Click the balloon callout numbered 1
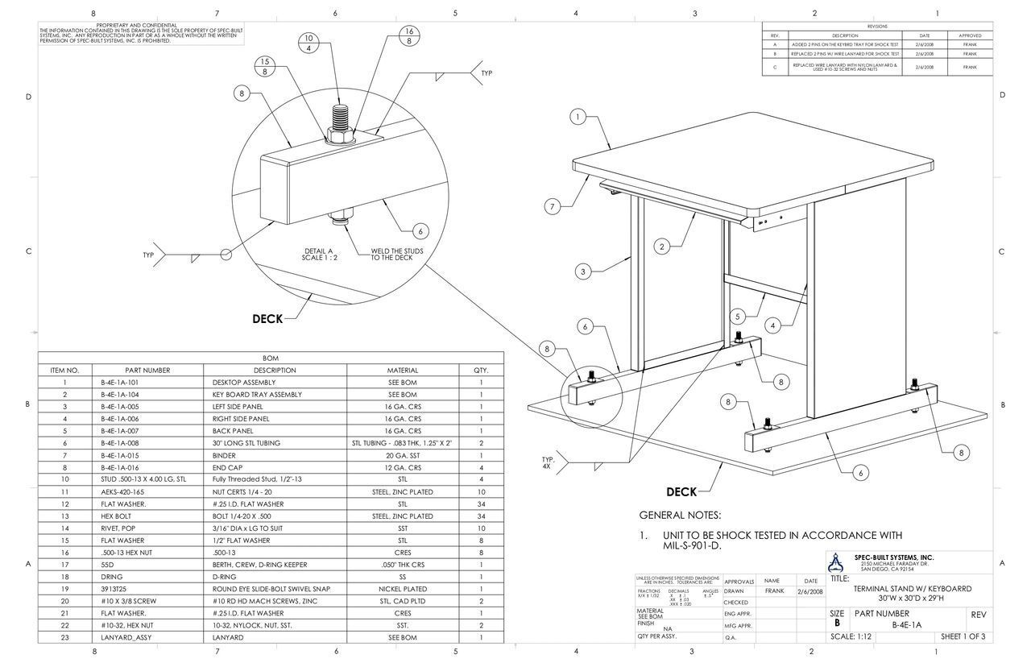click(x=578, y=117)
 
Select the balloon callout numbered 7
click(x=553, y=207)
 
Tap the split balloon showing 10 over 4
click(x=308, y=43)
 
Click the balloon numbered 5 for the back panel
click(x=738, y=316)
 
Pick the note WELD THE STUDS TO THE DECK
click(x=396, y=254)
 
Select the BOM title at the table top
click(x=271, y=358)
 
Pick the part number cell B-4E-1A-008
click(x=120, y=443)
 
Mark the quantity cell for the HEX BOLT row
click(x=481, y=516)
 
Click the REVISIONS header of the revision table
click(x=877, y=27)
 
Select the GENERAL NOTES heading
click(x=680, y=515)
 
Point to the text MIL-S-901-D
click(x=692, y=545)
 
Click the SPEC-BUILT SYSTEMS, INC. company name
click(x=894, y=557)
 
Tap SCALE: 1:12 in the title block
click(x=851, y=637)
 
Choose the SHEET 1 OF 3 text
click(x=963, y=637)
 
